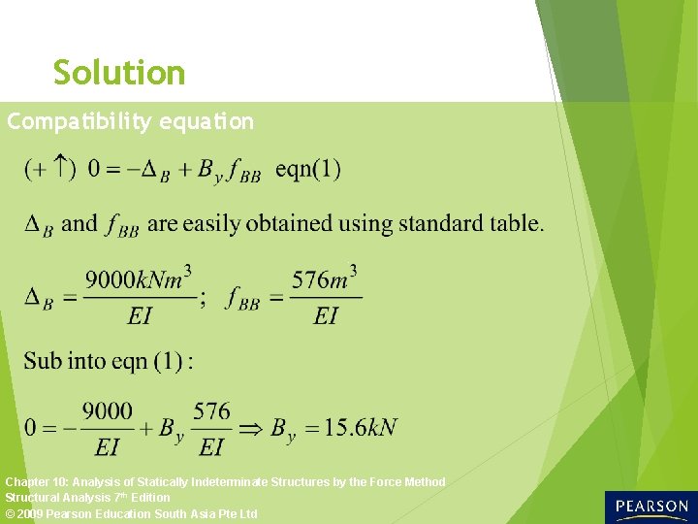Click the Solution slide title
click(119, 73)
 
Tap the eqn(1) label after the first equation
click(308, 169)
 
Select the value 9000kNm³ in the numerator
click(137, 280)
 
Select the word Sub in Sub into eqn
click(43, 361)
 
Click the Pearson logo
click(650, 507)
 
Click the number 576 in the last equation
click(211, 411)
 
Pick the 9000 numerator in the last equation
click(108, 411)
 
